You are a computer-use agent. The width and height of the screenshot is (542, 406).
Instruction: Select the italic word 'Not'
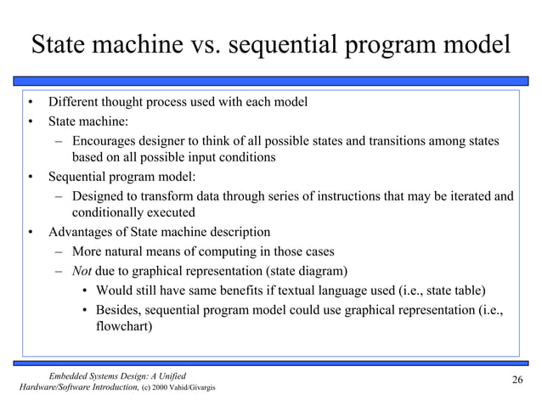[83, 272]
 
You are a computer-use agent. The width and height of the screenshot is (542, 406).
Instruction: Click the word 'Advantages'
[81, 232]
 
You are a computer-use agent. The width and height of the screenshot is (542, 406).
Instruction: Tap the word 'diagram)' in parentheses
[324, 272]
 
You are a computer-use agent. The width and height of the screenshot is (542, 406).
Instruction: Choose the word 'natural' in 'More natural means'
[130, 252]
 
